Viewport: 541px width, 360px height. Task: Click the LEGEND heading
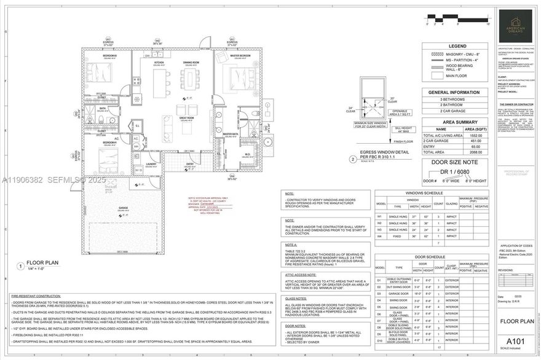coord(457,46)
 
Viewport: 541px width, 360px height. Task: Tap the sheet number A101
coord(514,342)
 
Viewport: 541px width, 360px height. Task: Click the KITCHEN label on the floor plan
coord(159,62)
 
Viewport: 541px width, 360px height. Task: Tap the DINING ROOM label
coord(191,62)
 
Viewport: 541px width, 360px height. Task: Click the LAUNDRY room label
coord(151,164)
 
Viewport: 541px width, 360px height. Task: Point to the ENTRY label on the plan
coord(190,164)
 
